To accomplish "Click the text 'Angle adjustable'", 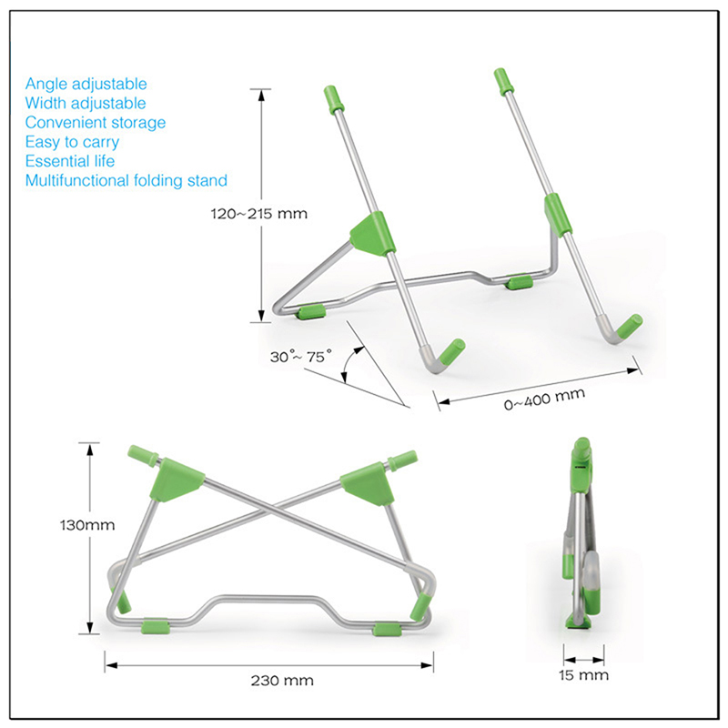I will (86, 84).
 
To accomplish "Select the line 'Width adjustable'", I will (86, 104).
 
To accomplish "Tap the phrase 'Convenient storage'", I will (96, 123).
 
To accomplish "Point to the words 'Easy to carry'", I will (72, 142).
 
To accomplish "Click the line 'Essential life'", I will (71, 161).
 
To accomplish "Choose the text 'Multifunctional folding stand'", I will (126, 180).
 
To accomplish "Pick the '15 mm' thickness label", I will (583, 675).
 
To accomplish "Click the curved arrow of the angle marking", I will (350, 367).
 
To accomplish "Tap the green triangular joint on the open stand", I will (370, 231).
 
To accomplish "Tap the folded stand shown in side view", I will (581, 537).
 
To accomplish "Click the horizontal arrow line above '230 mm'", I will (268, 662).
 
